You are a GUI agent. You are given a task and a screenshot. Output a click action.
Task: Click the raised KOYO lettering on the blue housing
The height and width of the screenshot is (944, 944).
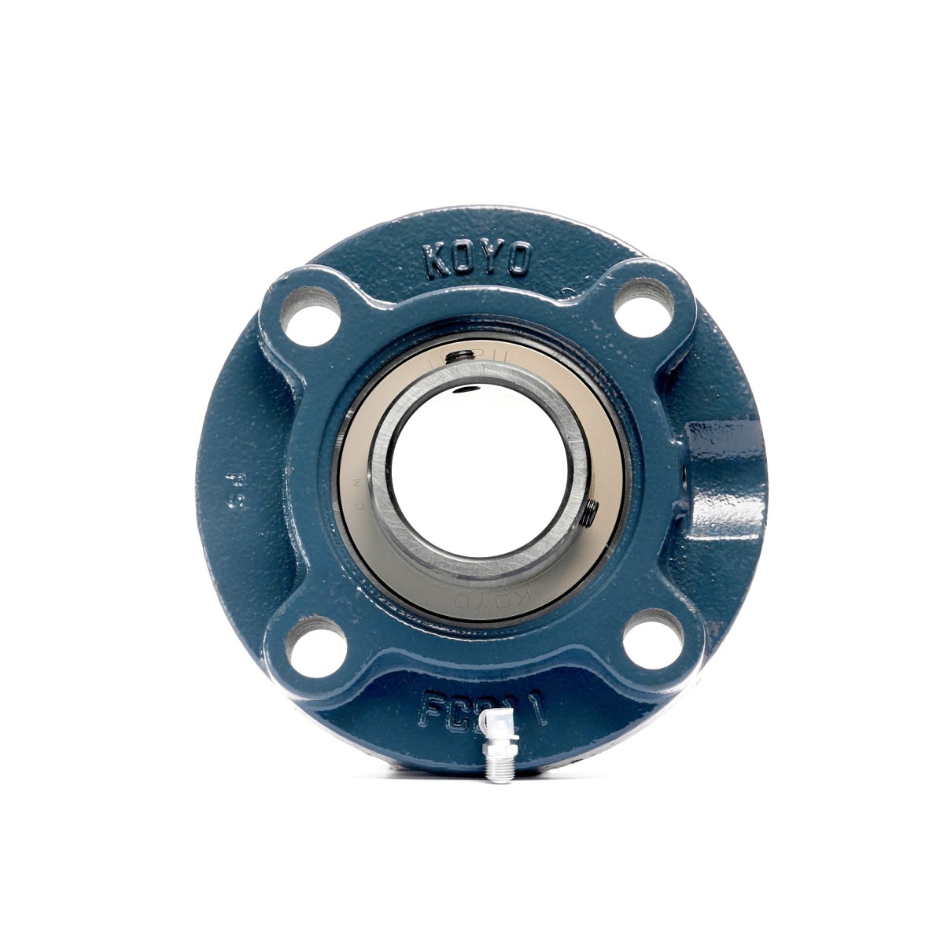[478, 258]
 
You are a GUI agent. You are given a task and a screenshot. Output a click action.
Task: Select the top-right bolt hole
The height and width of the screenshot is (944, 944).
[643, 308]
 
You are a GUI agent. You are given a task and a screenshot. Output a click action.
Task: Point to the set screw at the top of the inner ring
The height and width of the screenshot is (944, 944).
[459, 359]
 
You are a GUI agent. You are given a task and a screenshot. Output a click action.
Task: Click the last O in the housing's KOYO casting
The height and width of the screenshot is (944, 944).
[517, 260]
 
